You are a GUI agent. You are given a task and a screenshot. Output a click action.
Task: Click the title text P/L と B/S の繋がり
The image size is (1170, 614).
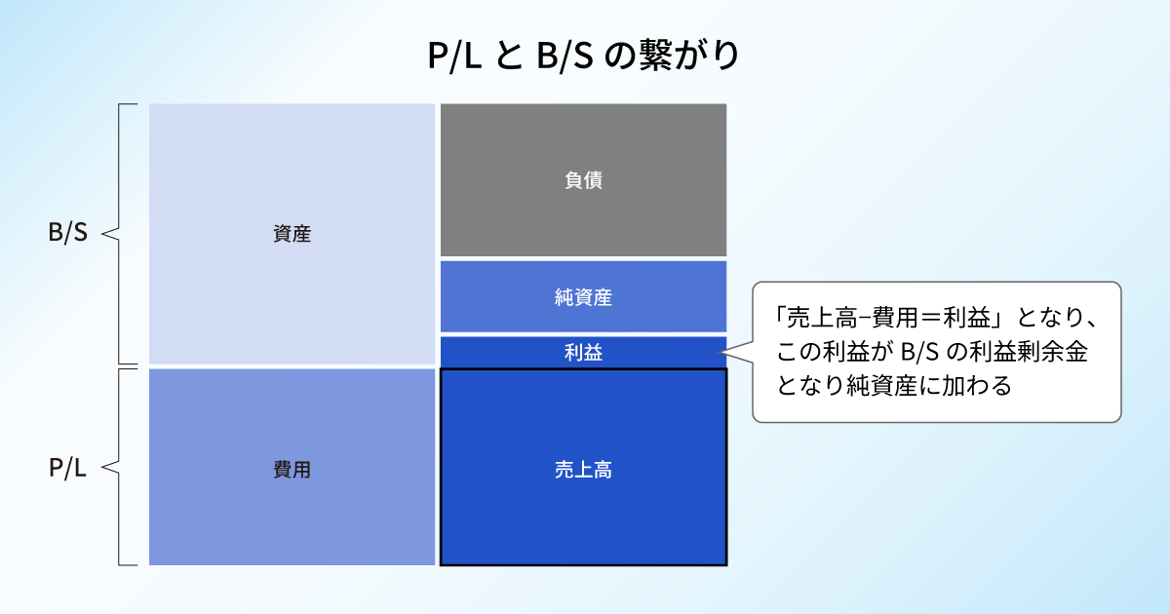click(583, 55)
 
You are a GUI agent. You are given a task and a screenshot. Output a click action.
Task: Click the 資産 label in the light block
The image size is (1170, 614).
click(292, 234)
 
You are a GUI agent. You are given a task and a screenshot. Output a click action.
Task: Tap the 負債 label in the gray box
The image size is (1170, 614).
click(583, 180)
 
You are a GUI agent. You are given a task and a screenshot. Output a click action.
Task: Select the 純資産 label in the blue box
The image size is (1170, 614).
click(583, 297)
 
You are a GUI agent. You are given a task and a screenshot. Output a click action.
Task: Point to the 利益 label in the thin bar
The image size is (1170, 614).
click(583, 353)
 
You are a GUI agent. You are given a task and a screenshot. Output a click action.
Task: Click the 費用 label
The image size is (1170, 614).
click(292, 470)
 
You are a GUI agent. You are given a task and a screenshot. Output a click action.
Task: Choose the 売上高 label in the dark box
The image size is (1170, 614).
click(583, 470)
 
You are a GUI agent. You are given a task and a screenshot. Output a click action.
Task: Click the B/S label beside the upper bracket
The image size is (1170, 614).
click(68, 232)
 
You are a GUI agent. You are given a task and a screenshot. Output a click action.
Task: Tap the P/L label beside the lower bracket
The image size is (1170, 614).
click(67, 467)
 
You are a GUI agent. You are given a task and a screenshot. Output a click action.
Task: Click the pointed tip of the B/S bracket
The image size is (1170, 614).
click(101, 234)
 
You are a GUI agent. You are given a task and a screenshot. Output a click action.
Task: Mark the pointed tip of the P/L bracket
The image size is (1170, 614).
click(101, 467)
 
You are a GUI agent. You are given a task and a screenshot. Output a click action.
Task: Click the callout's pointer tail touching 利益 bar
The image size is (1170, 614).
click(721, 353)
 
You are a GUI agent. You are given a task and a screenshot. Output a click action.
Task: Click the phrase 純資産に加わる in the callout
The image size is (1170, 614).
click(929, 385)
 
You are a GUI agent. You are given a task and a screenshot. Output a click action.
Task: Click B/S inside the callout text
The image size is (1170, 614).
click(919, 352)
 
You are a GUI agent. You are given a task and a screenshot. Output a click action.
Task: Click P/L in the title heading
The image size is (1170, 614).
click(454, 56)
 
